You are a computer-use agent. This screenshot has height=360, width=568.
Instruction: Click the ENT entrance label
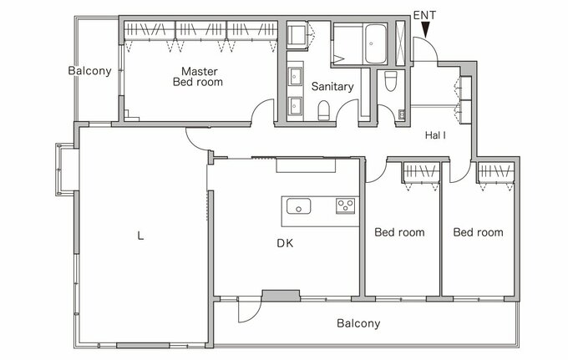pyautogui.click(x=424, y=15)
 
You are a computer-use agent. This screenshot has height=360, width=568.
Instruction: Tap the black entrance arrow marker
pyautogui.click(x=426, y=30)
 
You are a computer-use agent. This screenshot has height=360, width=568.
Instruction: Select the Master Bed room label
pyautogui.click(x=198, y=76)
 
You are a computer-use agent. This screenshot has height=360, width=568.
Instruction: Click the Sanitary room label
pyautogui.click(x=332, y=87)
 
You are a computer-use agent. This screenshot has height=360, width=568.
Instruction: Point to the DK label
pyautogui.click(x=285, y=243)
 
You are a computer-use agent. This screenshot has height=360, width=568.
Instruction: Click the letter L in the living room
pyautogui.click(x=140, y=236)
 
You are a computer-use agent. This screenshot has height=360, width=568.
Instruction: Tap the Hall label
pyautogui.click(x=435, y=135)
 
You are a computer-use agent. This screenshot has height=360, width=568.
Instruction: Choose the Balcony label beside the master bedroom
pyautogui.click(x=89, y=71)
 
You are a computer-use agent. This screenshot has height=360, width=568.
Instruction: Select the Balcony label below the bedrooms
pyautogui.click(x=358, y=323)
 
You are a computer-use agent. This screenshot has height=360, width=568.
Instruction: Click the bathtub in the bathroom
pyautogui.click(x=375, y=44)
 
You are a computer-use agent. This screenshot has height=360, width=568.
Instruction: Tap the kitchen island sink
pyautogui.click(x=298, y=206)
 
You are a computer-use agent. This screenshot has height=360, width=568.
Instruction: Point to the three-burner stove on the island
pyautogui.click(x=345, y=206)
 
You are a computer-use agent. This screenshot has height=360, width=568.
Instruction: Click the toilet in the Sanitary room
pyautogui.click(x=324, y=110)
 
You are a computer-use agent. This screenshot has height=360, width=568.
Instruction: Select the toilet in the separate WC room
pyautogui.click(x=391, y=81)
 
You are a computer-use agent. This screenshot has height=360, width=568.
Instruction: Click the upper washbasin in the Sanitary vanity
pyautogui.click(x=295, y=77)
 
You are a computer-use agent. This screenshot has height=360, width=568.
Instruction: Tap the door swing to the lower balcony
pyautogui.click(x=250, y=310)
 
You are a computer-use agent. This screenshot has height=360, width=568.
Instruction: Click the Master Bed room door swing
pyautogui.click(x=262, y=112)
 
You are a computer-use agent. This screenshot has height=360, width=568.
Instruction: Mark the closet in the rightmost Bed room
pyautogui.click(x=496, y=173)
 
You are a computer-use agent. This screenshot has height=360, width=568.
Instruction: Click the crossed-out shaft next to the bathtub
pyautogui.click(x=400, y=43)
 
